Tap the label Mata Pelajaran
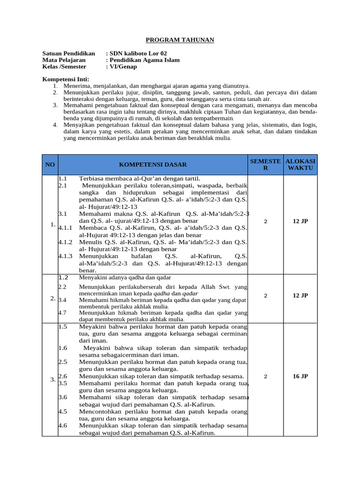64,60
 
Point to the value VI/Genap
123,67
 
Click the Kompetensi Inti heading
66,79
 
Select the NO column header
50,165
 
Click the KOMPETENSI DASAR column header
153,165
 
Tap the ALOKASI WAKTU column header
300,164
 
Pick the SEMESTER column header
265,164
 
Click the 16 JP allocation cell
300,376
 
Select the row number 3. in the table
53,380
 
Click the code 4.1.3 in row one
66,256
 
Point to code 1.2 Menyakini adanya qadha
63,277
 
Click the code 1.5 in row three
63,326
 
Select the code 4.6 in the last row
63,426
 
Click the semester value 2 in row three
265,376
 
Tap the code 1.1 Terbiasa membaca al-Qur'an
63,179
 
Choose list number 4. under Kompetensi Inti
55,125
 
